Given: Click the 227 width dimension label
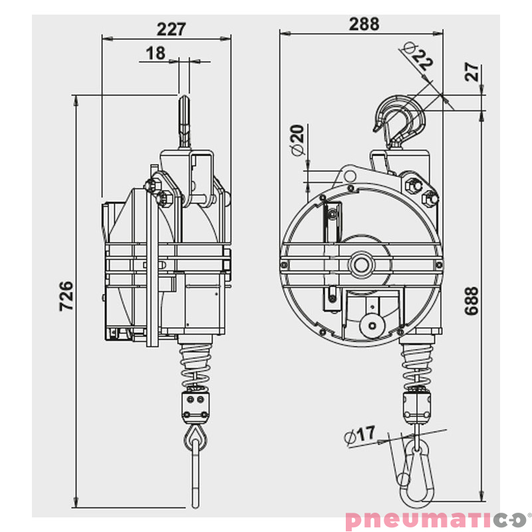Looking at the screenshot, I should (171, 29).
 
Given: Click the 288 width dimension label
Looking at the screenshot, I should (364, 24).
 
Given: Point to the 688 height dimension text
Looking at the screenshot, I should (471, 301).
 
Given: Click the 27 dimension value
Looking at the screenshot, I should (472, 72).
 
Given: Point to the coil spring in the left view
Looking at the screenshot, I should (196, 365).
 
